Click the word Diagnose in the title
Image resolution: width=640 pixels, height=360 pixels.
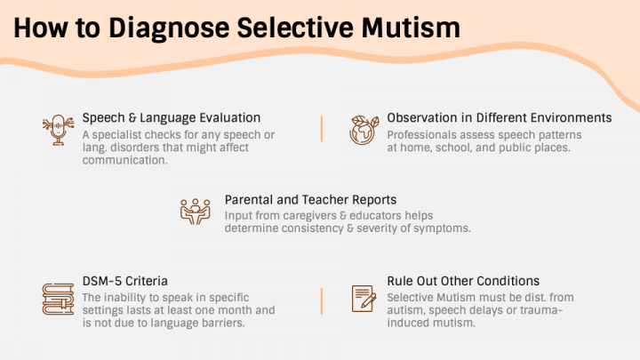pos(169,28)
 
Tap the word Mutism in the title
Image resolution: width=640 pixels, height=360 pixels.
pos(410,28)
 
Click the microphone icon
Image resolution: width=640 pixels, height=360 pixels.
pos(58,130)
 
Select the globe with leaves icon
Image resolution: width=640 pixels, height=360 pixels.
pos(364,130)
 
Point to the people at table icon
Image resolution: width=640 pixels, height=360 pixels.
pos(195,212)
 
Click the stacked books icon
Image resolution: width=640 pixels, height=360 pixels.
pos(58,300)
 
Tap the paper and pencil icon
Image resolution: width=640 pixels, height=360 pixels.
pos(364,299)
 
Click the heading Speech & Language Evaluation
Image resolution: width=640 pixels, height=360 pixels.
pos(172,118)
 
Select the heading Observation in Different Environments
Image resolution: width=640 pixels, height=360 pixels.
pos(500,118)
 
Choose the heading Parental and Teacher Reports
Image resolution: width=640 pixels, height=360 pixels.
pos(310,200)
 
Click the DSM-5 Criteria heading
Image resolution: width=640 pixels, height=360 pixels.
pos(125,281)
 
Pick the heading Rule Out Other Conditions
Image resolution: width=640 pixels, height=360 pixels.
pos(463,281)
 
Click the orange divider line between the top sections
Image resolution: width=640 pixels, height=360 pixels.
pos(322,129)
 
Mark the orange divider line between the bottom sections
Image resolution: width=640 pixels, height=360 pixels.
pos(322,301)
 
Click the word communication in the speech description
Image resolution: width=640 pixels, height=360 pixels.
pos(125,160)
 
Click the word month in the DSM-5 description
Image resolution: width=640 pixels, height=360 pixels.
pos(234,310)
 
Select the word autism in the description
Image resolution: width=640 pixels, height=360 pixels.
pos(405,310)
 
